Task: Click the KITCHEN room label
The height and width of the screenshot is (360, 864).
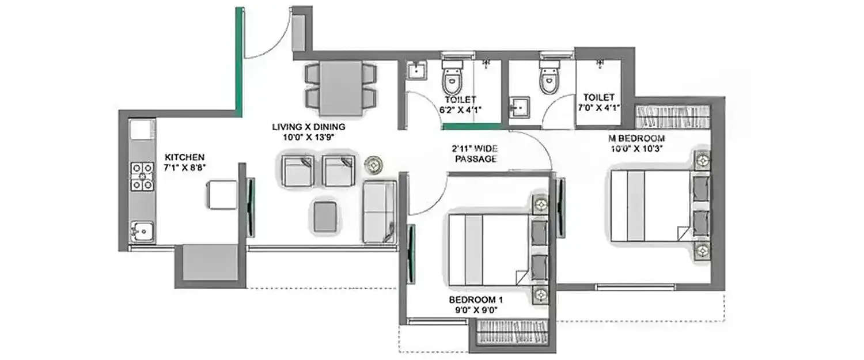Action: pyautogui.click(x=184, y=157)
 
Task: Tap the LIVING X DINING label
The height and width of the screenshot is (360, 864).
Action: pyautogui.click(x=309, y=127)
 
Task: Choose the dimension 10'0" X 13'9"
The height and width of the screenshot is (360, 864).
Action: pyautogui.click(x=309, y=137)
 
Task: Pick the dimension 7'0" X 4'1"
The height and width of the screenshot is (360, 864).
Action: pyautogui.click(x=598, y=108)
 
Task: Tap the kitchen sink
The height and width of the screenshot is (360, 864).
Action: pyautogui.click(x=141, y=232)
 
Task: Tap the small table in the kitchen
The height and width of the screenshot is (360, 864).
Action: pyautogui.click(x=222, y=194)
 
